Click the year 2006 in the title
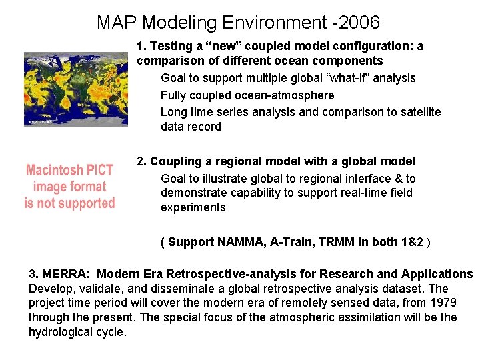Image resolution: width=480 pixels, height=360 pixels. (357, 23)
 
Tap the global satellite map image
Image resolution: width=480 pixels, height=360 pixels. (75, 89)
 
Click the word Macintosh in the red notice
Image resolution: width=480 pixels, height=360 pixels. (56, 171)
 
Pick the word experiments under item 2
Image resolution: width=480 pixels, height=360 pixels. (193, 207)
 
